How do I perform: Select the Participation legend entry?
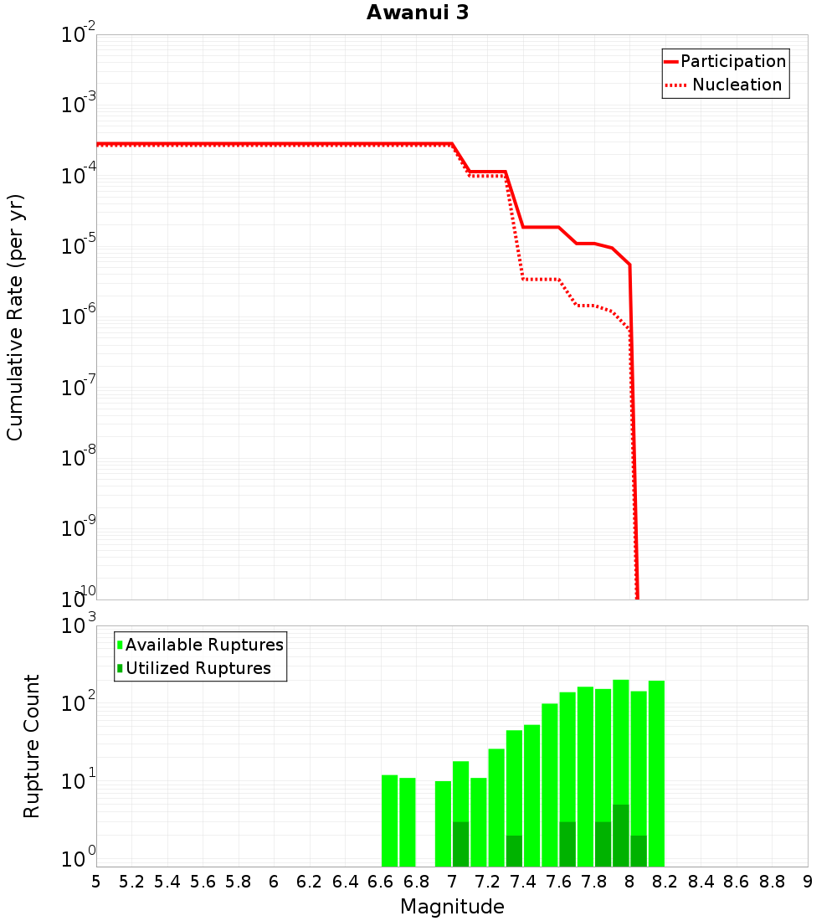tap(732, 61)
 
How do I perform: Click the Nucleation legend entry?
tap(737, 85)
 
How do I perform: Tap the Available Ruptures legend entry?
tap(204, 645)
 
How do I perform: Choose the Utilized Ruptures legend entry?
tap(198, 668)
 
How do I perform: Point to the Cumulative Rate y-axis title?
tap(15, 317)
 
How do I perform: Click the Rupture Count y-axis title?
tap(32, 746)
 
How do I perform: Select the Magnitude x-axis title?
tap(452, 907)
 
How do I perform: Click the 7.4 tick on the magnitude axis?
tap(523, 882)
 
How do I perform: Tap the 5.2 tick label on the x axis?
tap(131, 882)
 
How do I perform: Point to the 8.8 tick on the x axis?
tap(772, 882)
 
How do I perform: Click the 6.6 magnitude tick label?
tap(381, 882)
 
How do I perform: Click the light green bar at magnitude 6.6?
tap(389, 821)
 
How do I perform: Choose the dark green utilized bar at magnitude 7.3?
tap(514, 851)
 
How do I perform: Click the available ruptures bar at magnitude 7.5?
tap(532, 795)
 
